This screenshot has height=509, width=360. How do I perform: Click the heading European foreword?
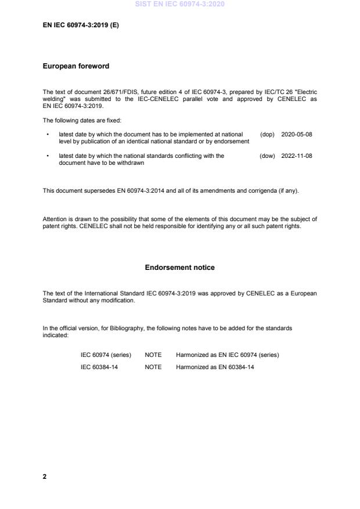coord(75,66)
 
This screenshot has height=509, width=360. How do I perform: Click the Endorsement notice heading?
coord(179,268)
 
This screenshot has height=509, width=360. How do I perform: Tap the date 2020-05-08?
coord(296,134)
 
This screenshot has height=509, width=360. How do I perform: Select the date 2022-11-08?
coord(296,156)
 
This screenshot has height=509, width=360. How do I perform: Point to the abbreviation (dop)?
coord(267,134)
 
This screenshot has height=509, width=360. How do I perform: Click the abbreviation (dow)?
coord(267,156)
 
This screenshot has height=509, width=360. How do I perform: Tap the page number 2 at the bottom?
coord(45,476)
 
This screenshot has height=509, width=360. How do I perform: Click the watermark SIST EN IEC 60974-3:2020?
coord(179,4)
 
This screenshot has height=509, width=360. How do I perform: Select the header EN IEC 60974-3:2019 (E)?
coord(81,26)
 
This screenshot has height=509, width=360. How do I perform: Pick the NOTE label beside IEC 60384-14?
coord(153,367)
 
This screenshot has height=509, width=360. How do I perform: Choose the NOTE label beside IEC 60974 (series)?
coord(153,355)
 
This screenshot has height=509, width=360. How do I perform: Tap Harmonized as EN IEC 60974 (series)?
coord(227,355)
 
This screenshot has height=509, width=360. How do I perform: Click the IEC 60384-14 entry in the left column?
coord(99,367)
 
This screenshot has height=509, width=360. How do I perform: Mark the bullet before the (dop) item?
coord(47,135)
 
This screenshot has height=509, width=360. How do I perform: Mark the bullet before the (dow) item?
coord(47,156)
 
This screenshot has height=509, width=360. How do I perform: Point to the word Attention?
coord(56,219)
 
